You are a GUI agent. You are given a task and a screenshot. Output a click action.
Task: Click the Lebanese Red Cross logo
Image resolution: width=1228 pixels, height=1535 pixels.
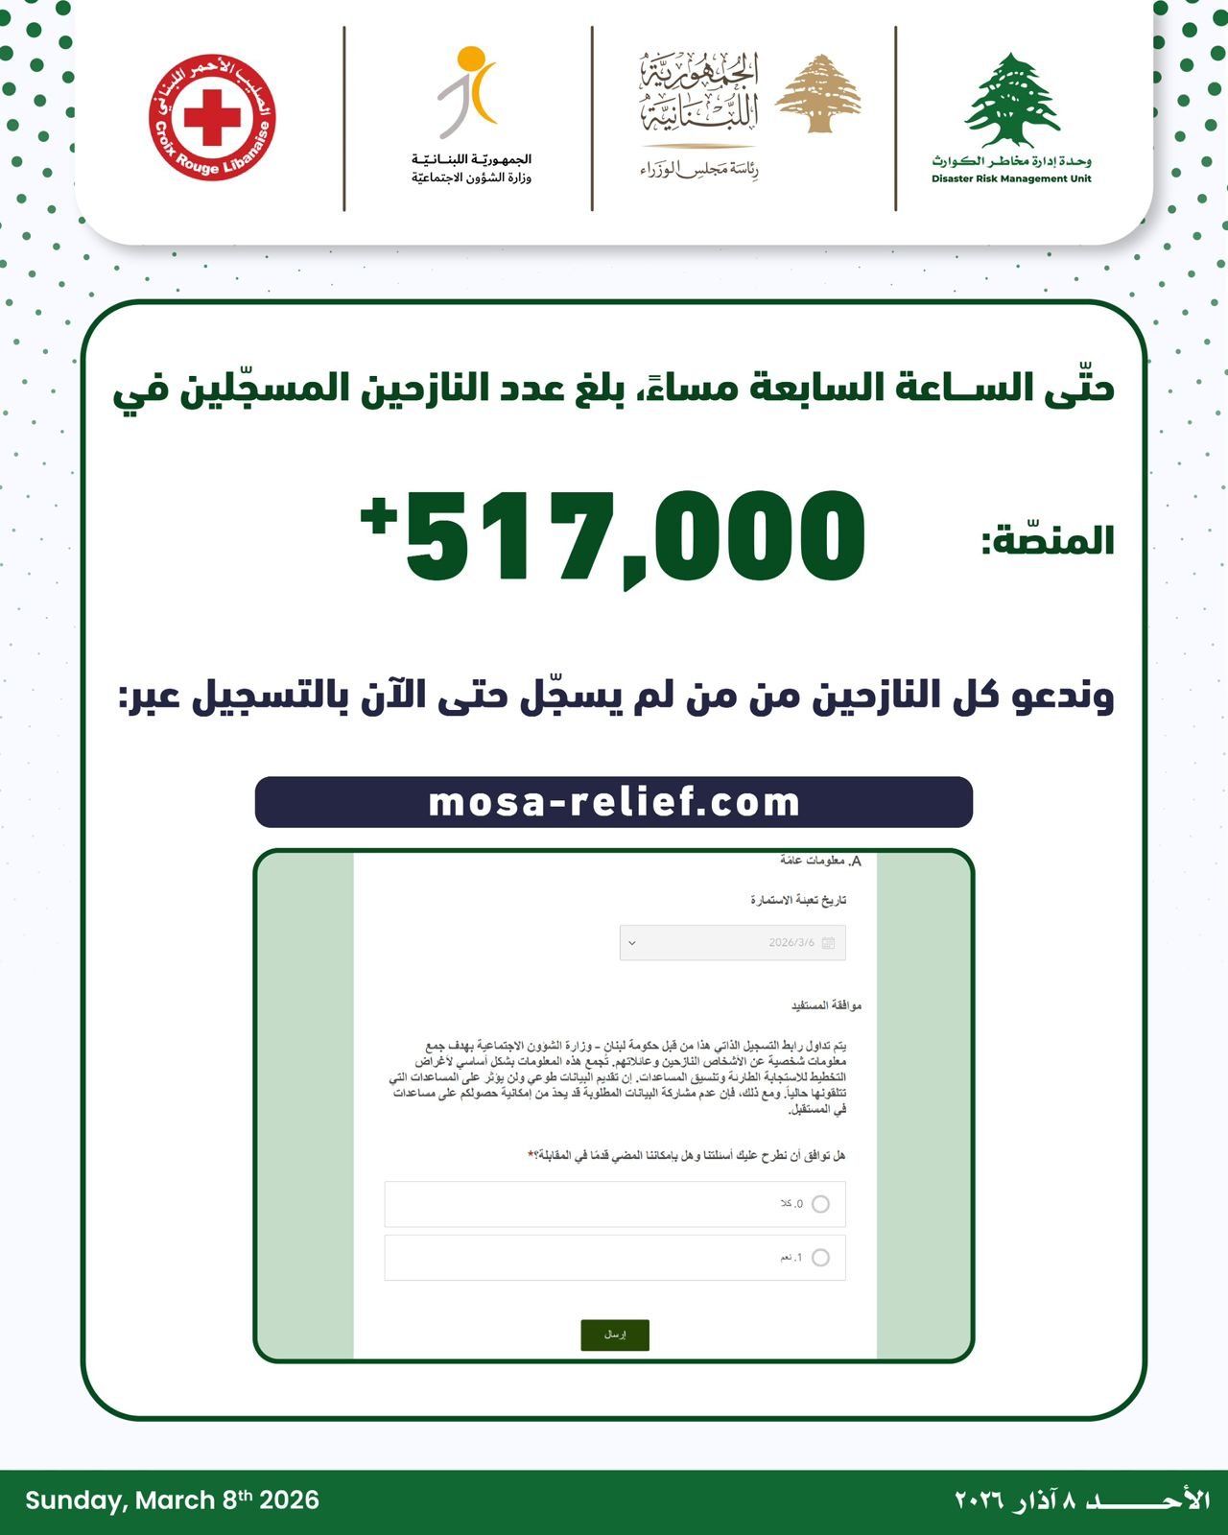(212, 117)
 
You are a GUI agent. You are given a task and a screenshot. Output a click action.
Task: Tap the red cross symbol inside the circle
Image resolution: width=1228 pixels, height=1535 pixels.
(212, 117)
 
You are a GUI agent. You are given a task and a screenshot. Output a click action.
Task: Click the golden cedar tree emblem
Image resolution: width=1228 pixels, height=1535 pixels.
(817, 93)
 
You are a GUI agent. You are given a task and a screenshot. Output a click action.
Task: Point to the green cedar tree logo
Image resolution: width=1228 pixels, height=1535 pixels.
(1011, 100)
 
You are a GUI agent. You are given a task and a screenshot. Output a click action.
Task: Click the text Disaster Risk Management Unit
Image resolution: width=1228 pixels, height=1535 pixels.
(1011, 178)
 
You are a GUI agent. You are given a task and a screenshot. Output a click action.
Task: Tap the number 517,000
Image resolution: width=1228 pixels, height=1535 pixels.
(635, 537)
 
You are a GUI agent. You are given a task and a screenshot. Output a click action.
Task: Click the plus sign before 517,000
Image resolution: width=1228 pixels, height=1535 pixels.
(379, 515)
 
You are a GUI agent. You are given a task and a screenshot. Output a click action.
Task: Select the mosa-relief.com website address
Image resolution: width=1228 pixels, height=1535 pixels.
(614, 802)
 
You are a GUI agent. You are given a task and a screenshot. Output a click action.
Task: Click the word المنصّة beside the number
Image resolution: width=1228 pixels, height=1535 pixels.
(1047, 540)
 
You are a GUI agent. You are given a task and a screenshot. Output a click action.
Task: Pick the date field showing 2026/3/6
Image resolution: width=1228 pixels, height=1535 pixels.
(733, 943)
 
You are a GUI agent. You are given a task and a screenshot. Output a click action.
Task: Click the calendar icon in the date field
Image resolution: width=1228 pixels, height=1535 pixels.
(829, 943)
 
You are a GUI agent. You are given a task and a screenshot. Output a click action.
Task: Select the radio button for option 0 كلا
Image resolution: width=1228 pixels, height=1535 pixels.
(820, 1204)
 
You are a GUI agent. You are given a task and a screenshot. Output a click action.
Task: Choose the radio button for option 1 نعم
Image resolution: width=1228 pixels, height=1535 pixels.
(820, 1258)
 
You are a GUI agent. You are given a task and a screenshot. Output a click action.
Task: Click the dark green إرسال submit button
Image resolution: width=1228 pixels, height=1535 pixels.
(615, 1334)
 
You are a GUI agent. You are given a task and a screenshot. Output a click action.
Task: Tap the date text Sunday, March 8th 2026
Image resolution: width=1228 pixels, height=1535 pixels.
(173, 1500)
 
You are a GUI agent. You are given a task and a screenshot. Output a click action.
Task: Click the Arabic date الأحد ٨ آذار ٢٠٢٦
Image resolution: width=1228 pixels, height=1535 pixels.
(1081, 1500)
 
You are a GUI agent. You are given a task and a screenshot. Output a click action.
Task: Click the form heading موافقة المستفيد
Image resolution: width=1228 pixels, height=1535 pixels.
(826, 1005)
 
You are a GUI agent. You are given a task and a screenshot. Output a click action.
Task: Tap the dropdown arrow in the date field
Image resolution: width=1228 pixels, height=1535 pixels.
(631, 943)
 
